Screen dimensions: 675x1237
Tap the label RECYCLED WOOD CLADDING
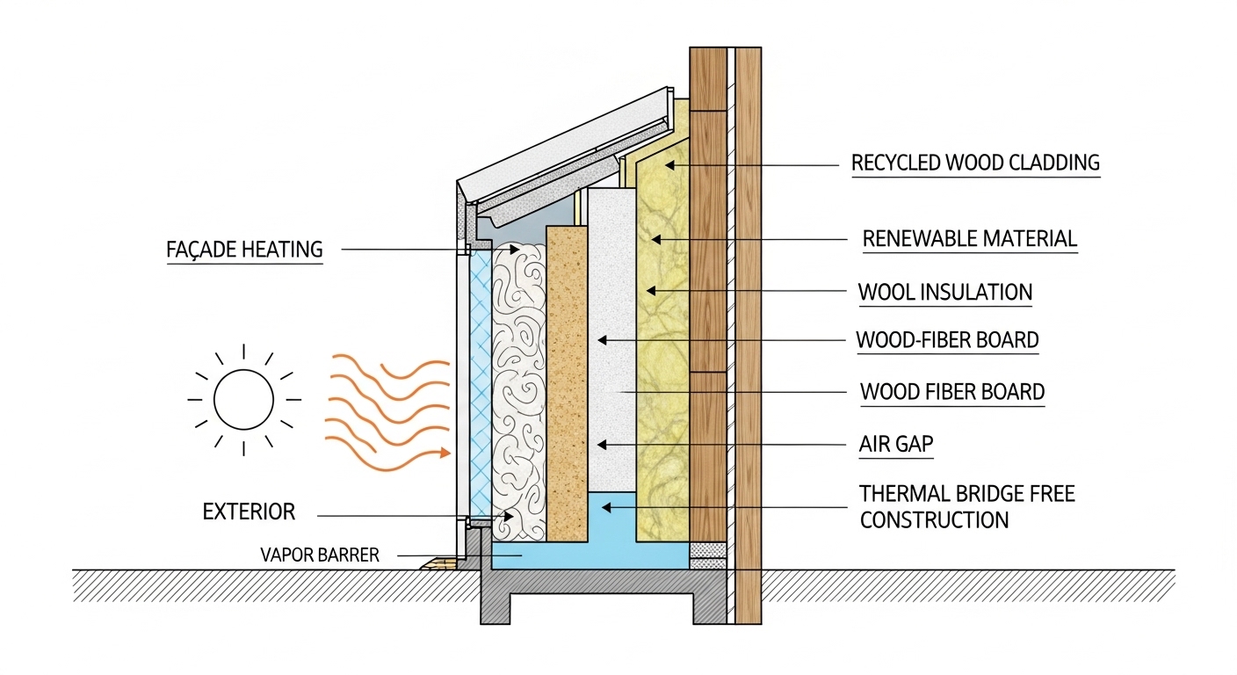975,163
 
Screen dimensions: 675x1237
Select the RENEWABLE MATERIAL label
969,238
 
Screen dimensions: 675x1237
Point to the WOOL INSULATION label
944,292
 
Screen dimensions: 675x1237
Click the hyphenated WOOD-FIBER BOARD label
947,340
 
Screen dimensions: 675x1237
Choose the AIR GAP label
895,445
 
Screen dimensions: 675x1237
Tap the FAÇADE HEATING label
244,250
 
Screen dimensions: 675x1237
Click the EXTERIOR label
249,512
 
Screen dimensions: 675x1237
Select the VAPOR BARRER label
320,555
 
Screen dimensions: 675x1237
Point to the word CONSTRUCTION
934,520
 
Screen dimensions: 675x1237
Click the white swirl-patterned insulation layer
519,387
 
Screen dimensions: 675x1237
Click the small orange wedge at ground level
438,563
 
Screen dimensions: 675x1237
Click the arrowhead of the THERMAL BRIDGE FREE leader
602,506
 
